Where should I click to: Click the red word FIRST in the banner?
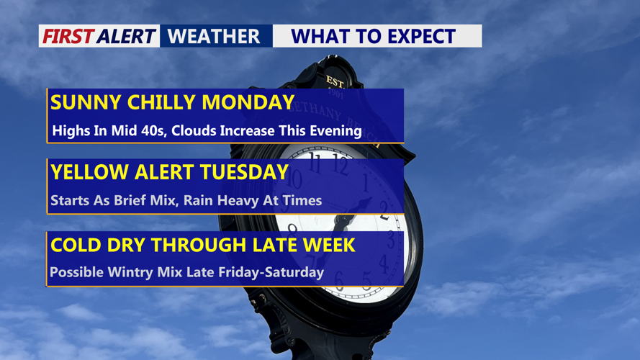68,36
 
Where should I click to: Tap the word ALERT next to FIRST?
127,36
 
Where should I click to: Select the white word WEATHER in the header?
214,36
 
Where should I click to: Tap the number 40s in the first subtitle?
153,131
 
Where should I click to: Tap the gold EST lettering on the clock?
335,82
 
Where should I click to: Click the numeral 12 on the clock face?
340,163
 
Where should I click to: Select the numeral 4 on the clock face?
383,264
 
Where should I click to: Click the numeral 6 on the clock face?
339,280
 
